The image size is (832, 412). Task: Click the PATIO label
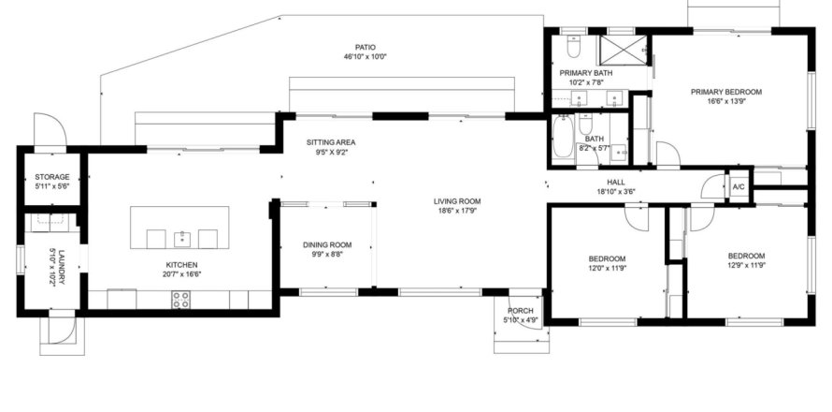[366, 48]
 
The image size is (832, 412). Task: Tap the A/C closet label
[739, 187]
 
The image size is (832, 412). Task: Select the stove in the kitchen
[181, 300]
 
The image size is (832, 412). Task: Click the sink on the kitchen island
[181, 239]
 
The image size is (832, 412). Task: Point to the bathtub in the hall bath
[562, 138]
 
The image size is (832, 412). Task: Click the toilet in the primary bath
[572, 47]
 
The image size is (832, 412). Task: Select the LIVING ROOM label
[457, 201]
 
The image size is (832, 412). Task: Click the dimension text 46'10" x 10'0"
[366, 56]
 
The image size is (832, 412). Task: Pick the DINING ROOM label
[327, 245]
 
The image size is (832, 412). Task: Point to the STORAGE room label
[52, 177]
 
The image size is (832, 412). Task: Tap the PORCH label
[520, 311]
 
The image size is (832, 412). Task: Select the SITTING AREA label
[331, 142]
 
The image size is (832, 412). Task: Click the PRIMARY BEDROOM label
[725, 92]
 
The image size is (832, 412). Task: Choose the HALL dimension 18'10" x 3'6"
[615, 191]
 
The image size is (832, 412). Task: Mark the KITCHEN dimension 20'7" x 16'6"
[182, 274]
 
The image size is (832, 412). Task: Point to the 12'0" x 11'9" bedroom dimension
[607, 269]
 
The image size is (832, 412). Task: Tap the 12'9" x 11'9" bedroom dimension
[746, 265]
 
